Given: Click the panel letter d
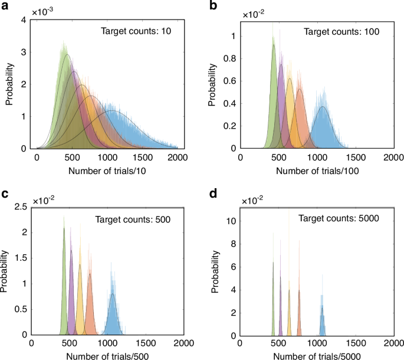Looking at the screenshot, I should [213, 193].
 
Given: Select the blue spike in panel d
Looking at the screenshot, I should [322, 307].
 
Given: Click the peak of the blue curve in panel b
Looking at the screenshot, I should [322, 107].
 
